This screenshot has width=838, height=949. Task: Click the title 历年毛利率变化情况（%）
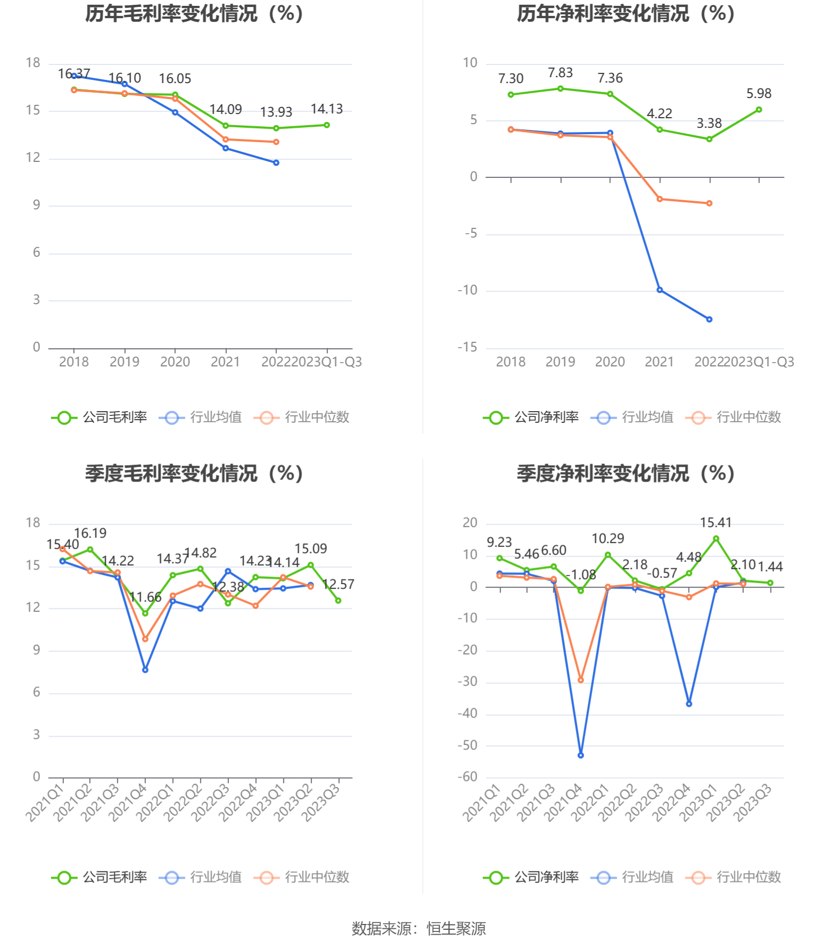point(194,14)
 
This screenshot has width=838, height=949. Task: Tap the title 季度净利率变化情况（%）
point(626,473)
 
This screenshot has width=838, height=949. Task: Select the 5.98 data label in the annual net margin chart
point(759,94)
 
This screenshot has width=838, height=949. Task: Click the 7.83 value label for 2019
point(560,73)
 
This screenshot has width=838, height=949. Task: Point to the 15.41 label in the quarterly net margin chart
point(716,523)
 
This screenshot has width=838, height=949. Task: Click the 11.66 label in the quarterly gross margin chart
point(145,598)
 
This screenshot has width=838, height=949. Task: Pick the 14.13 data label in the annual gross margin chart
point(326,109)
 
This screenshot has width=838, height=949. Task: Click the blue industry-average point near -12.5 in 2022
point(709,320)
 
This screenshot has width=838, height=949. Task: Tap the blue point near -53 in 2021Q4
point(580,755)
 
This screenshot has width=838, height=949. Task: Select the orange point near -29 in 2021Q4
point(580,680)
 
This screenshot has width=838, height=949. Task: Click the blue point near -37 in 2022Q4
point(689,704)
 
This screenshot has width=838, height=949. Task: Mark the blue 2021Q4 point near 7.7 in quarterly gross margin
point(145,670)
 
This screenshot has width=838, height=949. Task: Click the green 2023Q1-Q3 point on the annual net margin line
point(759,110)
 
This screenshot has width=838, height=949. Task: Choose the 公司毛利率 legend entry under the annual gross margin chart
point(100,418)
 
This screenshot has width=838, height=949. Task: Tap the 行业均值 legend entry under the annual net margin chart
point(632,418)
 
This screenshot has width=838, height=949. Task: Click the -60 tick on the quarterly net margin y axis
point(467,777)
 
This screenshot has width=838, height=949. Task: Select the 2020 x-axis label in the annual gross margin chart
point(175,362)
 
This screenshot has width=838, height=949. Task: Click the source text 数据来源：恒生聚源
point(418,929)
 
